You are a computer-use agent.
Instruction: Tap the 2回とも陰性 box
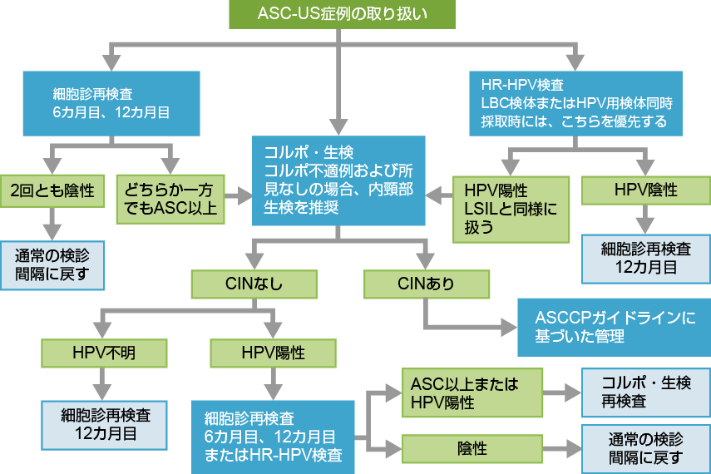tap(53, 190)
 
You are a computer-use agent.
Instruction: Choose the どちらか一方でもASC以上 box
tap(171, 198)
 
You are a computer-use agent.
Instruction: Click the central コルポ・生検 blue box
tap(338, 180)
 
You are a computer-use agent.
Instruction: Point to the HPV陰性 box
tap(645, 190)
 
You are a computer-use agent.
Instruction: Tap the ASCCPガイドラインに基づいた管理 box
tap(614, 328)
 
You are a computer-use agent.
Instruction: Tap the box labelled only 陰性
tap(472, 448)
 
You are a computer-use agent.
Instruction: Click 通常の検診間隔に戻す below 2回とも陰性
tap(53, 265)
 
